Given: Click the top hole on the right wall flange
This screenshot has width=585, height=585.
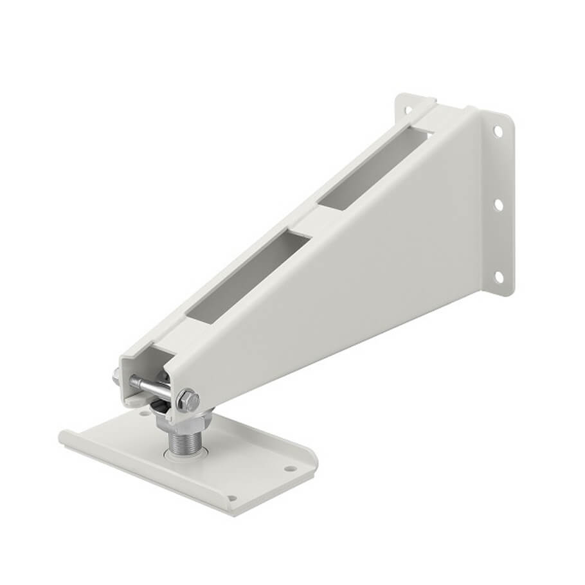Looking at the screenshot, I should (x=497, y=130).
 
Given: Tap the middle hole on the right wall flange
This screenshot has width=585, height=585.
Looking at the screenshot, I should (x=498, y=204).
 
